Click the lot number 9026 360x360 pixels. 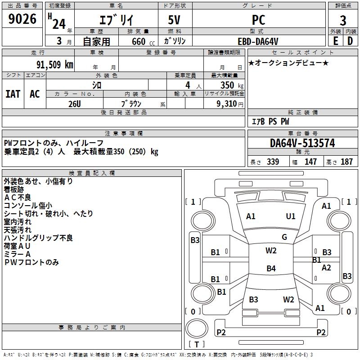click(22, 19)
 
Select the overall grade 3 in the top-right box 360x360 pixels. click(343, 20)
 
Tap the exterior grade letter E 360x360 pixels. click(336, 41)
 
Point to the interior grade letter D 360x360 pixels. click(350, 41)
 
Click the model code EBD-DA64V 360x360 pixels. click(258, 41)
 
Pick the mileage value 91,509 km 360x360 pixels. click(55, 65)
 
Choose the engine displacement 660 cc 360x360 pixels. click(143, 42)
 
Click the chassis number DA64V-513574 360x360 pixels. click(302, 143)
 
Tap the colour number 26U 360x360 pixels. click(75, 104)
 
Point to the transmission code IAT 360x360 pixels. click(13, 94)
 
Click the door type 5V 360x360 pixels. click(174, 20)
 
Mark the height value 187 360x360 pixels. click(346, 162)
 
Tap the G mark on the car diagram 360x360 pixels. click(284, 237)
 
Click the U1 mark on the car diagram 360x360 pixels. click(291, 216)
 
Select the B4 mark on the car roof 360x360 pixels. click(271, 268)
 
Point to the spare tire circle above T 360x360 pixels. click(197, 328)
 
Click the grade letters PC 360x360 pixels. click(259, 20)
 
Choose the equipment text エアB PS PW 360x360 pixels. click(270, 121)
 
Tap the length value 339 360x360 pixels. click(273, 162)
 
